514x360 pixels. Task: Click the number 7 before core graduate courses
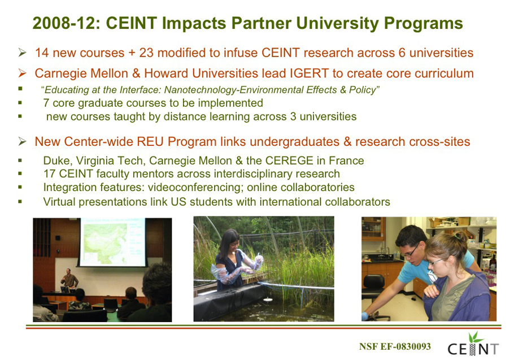(46, 103)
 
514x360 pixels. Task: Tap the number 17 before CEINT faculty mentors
(50, 174)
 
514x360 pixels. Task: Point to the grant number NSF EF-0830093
(395, 346)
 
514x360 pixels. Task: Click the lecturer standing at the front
(69, 280)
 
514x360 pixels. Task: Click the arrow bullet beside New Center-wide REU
(22, 141)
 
